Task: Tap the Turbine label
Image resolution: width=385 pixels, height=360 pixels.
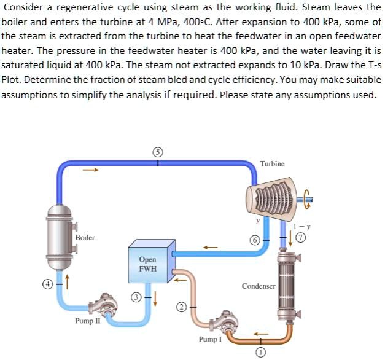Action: (x=272, y=164)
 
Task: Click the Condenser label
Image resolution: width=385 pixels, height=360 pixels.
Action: (x=258, y=286)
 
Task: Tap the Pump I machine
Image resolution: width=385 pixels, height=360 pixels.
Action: (x=215, y=323)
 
